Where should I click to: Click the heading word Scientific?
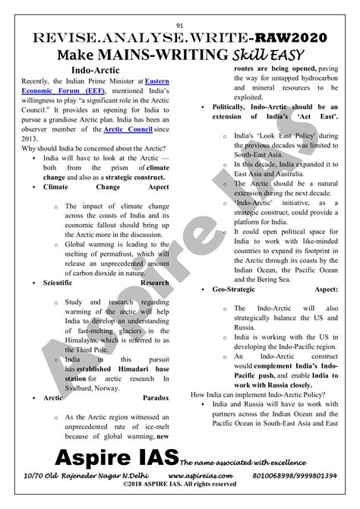point(62,282)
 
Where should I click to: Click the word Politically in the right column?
point(228,108)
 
